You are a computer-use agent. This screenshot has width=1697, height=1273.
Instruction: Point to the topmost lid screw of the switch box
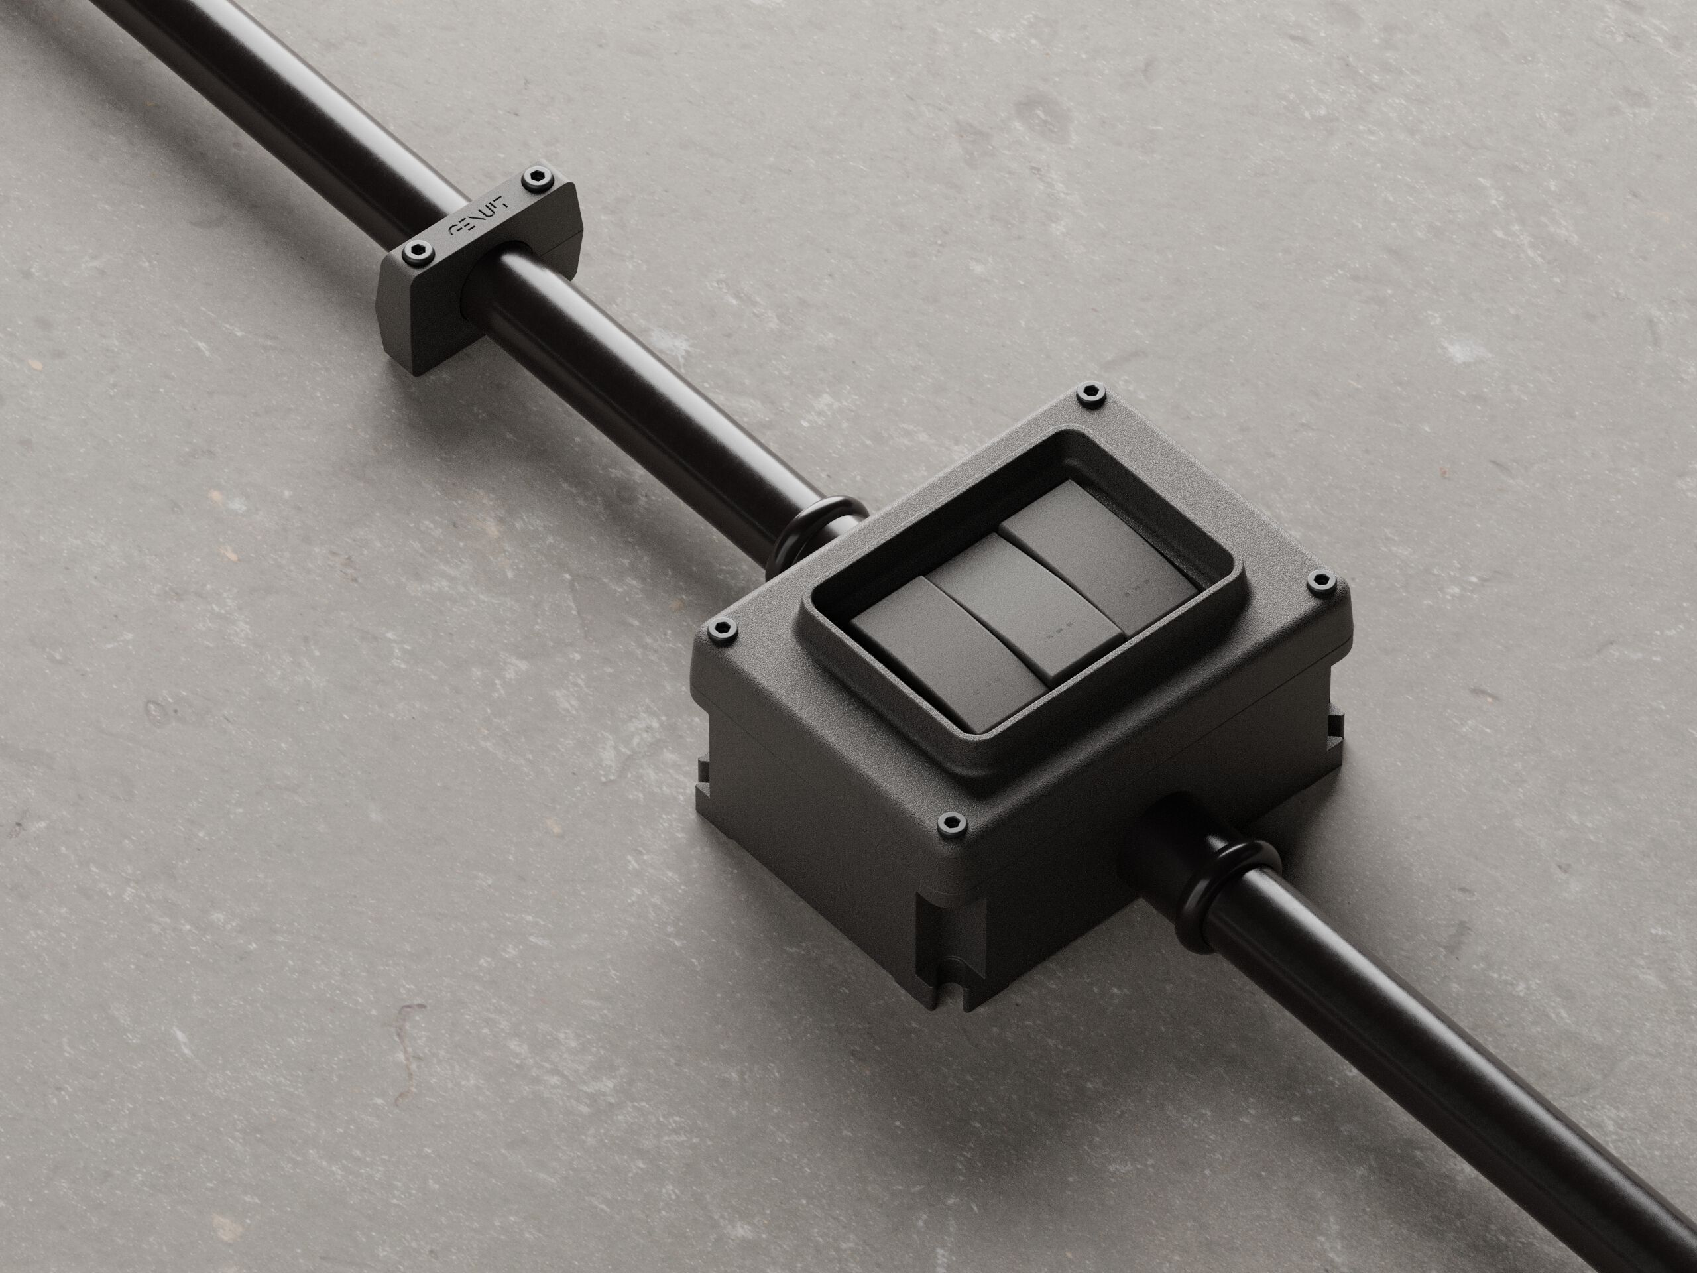[x=1088, y=395]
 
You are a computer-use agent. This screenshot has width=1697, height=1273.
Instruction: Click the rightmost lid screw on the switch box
[x=1320, y=579]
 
